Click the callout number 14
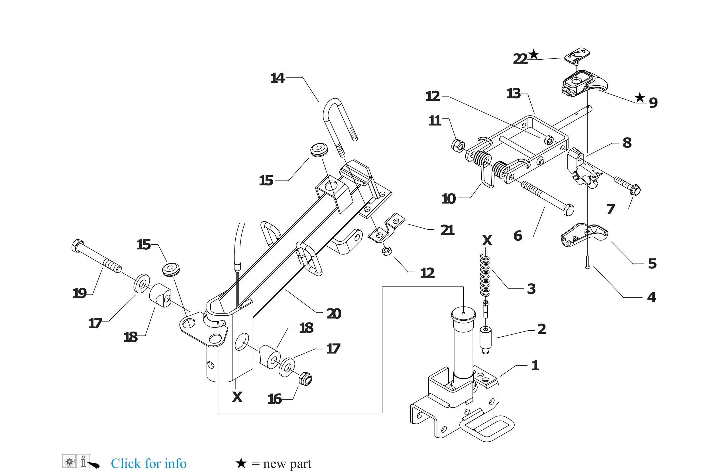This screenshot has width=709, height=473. pyautogui.click(x=277, y=78)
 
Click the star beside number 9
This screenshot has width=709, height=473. pyautogui.click(x=639, y=98)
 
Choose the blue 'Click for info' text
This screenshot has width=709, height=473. pyautogui.click(x=148, y=463)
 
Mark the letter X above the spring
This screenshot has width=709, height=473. pyautogui.click(x=487, y=241)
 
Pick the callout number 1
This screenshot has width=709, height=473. pyautogui.click(x=535, y=366)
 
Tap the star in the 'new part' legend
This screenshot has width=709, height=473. pyautogui.click(x=241, y=463)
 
